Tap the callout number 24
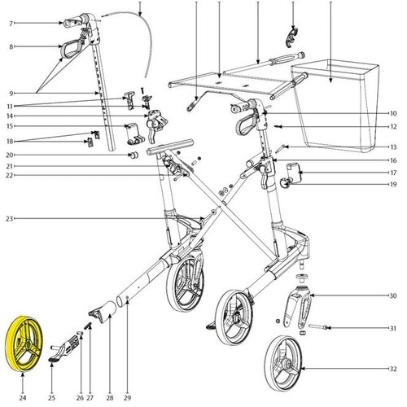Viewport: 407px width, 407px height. coord(23,398)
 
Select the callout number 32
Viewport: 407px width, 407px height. coord(393,369)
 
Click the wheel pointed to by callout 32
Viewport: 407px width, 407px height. coord(283,363)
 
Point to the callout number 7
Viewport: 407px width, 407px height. coord(11,24)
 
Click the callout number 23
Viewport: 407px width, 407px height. coord(10,219)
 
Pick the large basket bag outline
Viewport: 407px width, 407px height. coord(335,106)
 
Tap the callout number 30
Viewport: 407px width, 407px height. coord(393,295)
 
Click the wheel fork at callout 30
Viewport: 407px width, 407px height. coord(299,307)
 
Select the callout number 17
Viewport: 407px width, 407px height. coord(393,173)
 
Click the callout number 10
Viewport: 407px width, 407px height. coord(393,113)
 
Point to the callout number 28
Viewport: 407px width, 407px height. coord(110,398)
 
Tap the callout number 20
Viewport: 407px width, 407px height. coord(10,155)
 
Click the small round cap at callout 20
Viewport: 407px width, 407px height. coord(133,155)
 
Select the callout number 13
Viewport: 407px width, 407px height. coord(393,147)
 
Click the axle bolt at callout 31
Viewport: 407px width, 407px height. coord(318,327)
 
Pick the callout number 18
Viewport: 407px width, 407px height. coord(10,142)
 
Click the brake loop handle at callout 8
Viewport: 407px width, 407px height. coord(71,49)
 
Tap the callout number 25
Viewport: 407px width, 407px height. coord(51,398)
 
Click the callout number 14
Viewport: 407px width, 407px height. coord(10,116)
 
